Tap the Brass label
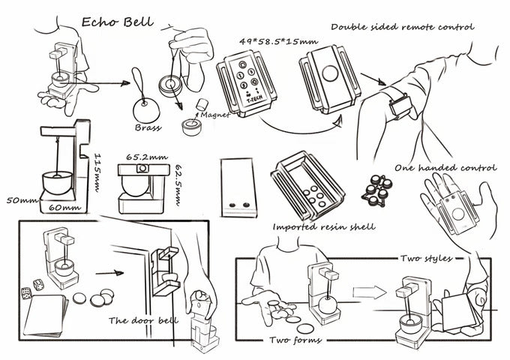148,127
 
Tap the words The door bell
143,321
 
